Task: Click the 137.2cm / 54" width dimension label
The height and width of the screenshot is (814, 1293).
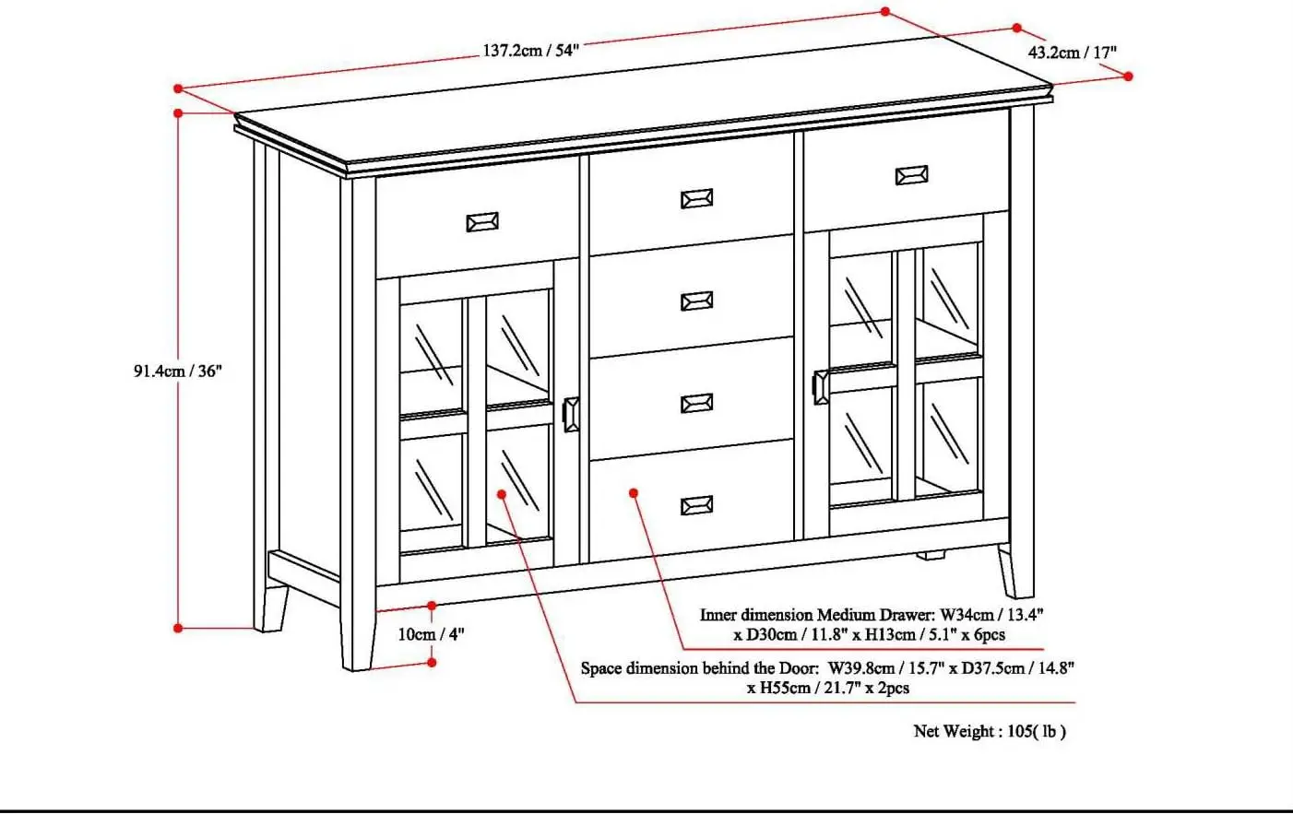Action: pyautogui.click(x=530, y=51)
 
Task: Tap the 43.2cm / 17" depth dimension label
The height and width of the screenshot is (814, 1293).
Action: pyautogui.click(x=1072, y=53)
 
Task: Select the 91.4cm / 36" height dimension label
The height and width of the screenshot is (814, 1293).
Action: pyautogui.click(x=178, y=372)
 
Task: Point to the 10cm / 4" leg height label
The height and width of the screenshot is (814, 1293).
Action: pyautogui.click(x=431, y=634)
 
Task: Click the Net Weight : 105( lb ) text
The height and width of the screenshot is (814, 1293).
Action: pyautogui.click(x=990, y=732)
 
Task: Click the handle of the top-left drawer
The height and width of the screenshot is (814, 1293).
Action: pyautogui.click(x=482, y=222)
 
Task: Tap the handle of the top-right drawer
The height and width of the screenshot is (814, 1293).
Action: pyautogui.click(x=911, y=175)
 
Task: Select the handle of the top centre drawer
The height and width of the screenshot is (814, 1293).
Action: pyautogui.click(x=696, y=199)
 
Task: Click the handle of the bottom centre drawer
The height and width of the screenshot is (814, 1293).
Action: pyautogui.click(x=696, y=505)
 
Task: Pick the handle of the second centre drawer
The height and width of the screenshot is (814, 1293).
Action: pyautogui.click(x=696, y=301)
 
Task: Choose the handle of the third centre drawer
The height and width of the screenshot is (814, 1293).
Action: pyautogui.click(x=696, y=404)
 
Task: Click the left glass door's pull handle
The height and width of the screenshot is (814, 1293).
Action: pyautogui.click(x=571, y=415)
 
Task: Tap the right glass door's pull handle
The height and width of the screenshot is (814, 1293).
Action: pyautogui.click(x=820, y=387)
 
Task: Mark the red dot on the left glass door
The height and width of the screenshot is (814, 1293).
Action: pyautogui.click(x=502, y=494)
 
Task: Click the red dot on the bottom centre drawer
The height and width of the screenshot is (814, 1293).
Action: pyautogui.click(x=634, y=493)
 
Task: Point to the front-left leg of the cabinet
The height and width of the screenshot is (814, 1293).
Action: pyautogui.click(x=358, y=636)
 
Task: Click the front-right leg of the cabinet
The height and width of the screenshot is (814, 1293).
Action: pyautogui.click(x=1016, y=572)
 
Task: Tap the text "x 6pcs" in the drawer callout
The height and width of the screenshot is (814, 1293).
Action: pyautogui.click(x=979, y=635)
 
